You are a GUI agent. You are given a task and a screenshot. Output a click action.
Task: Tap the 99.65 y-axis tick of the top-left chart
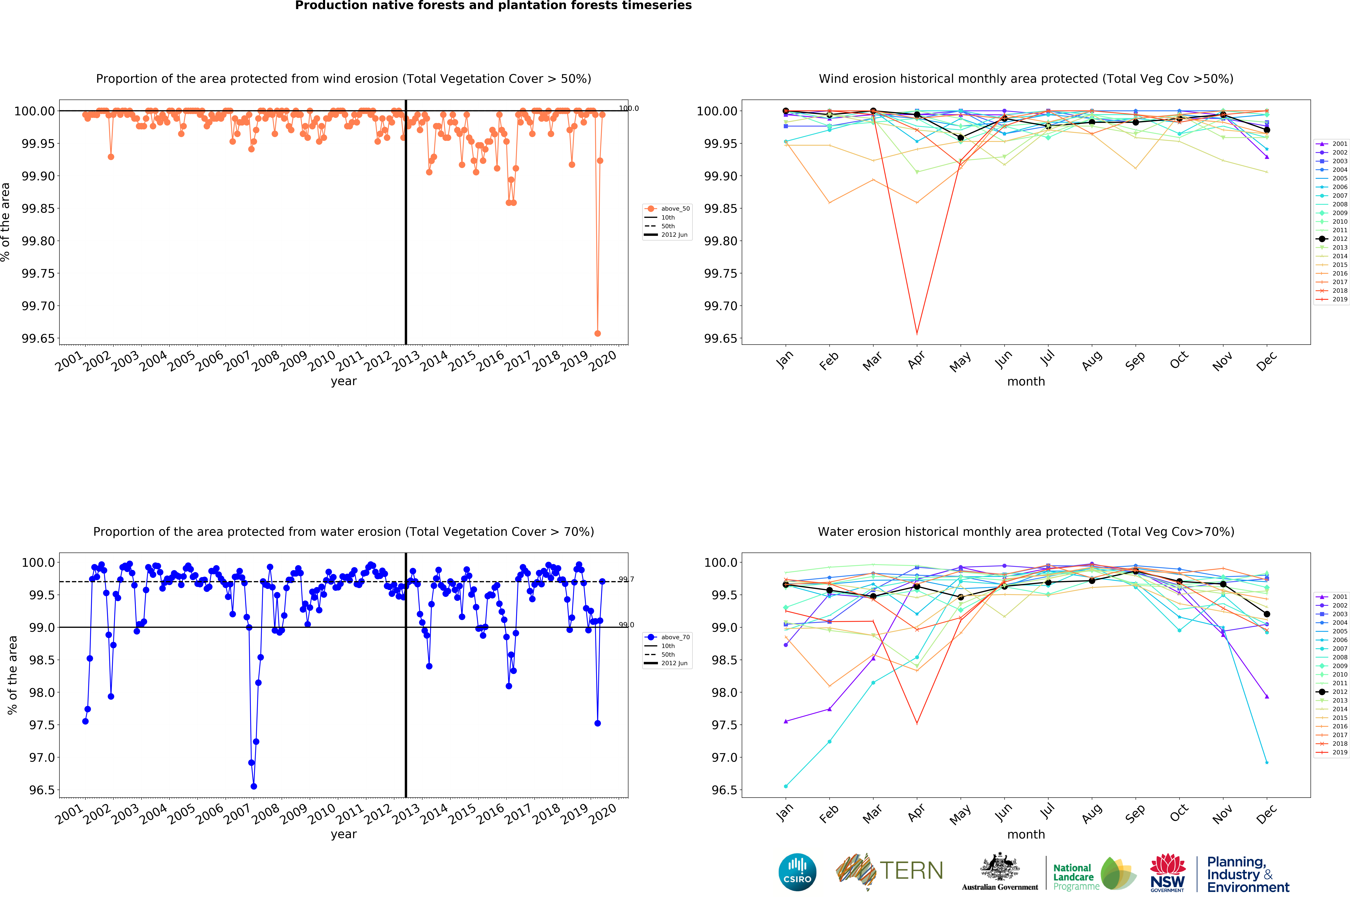[x=38, y=338]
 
